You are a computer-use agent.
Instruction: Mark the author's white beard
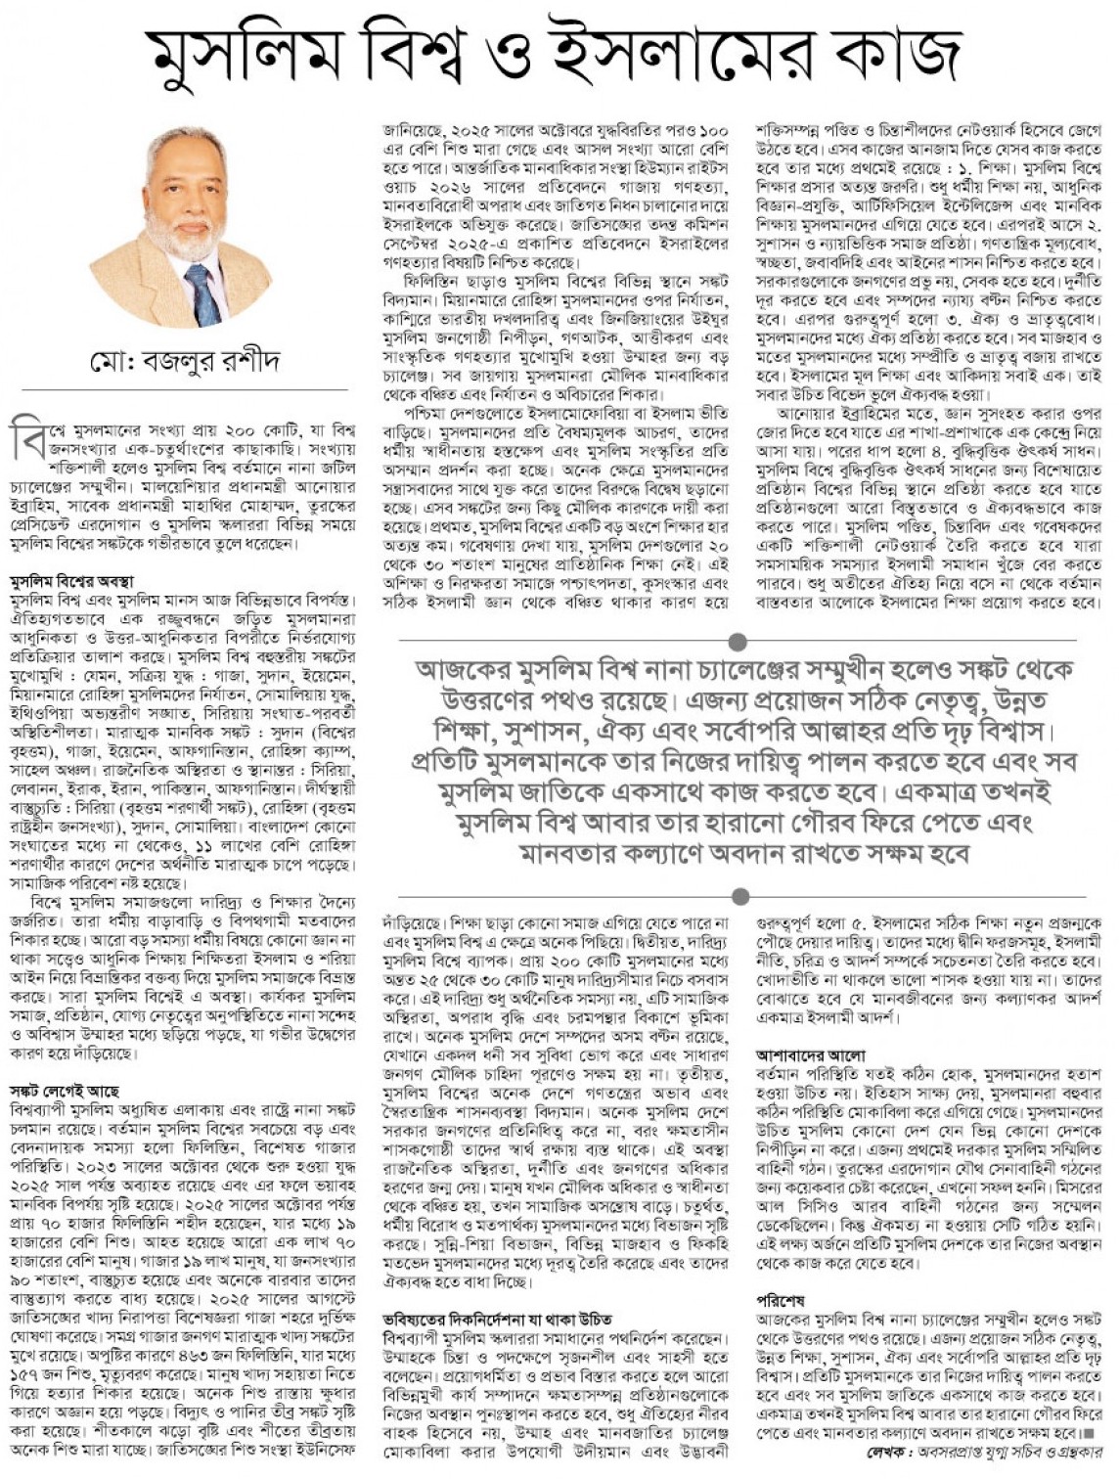[186, 240]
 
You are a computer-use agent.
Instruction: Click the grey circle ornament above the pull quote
[739, 641]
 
